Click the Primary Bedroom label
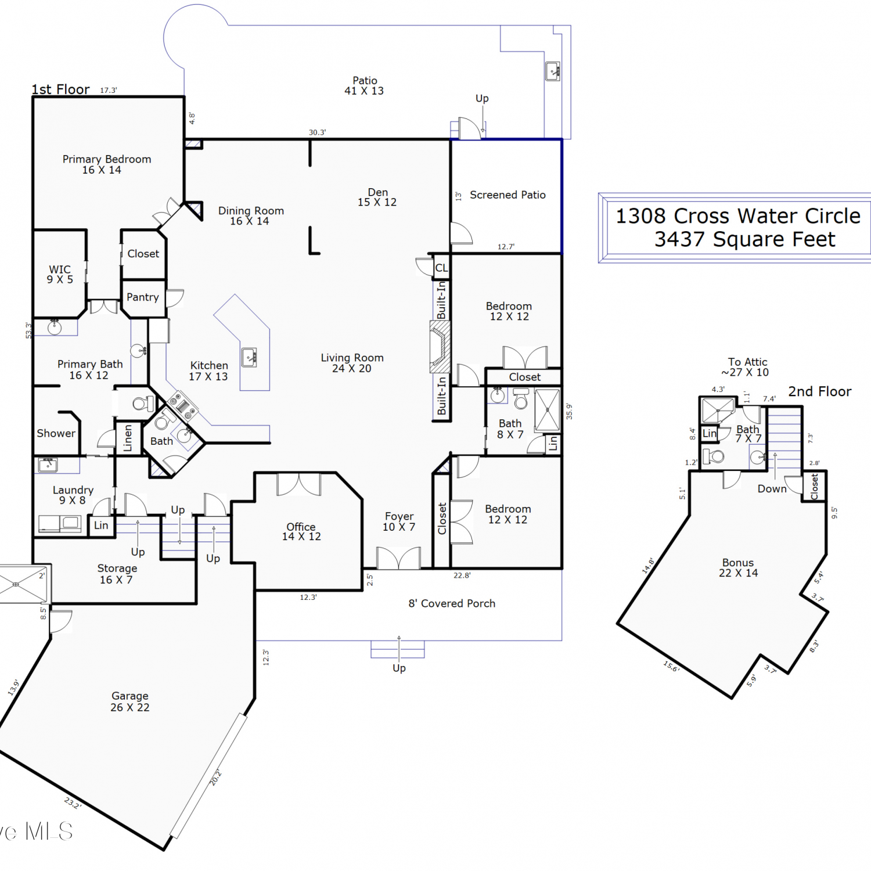[107, 164]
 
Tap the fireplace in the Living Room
[440, 346]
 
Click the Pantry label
[143, 297]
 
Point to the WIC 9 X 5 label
[60, 274]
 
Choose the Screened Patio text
[508, 195]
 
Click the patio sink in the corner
[553, 71]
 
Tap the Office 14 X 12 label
[301, 531]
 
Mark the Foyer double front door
[398, 557]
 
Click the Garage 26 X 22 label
[130, 701]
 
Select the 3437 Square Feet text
[745, 239]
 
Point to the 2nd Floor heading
[820, 392]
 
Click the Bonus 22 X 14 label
[738, 568]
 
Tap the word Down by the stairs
[772, 489]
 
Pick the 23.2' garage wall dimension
[73, 803]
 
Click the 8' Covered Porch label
[452, 604]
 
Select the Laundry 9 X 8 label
[73, 495]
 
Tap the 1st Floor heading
[60, 89]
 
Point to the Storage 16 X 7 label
[117, 574]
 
